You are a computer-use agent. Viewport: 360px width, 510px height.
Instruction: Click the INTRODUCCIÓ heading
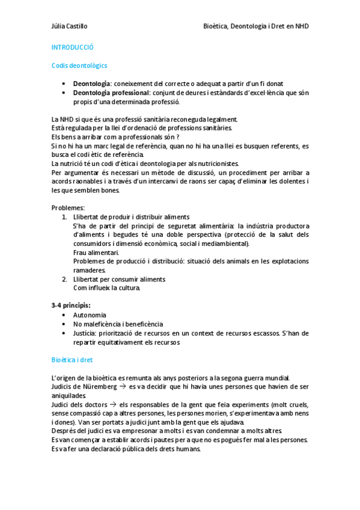72,46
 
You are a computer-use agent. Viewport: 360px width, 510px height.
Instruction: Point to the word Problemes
68,207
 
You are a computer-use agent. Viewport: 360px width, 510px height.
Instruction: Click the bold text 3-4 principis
71,306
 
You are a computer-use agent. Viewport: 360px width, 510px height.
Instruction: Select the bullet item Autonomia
90,315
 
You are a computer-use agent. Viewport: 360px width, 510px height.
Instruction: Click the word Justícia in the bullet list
85,333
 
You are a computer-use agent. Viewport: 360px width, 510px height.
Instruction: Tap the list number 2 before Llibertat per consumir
64,279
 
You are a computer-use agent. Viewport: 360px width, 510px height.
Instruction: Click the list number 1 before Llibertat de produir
64,217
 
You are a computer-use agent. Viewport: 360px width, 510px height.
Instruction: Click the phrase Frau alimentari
96,253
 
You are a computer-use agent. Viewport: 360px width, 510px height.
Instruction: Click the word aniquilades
69,396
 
